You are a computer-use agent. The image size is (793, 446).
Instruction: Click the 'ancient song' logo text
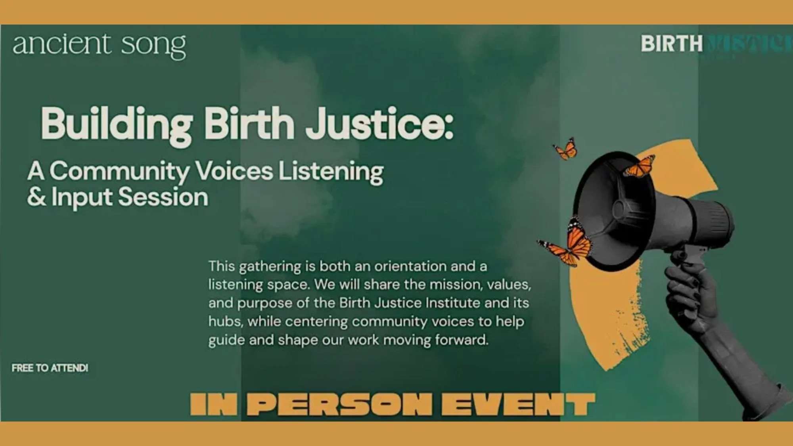(x=99, y=45)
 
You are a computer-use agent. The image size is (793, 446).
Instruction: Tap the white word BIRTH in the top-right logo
(x=671, y=44)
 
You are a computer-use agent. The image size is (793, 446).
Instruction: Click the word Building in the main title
(x=117, y=124)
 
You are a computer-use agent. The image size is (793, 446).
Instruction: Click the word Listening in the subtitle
(x=331, y=171)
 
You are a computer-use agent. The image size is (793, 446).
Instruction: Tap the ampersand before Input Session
(x=36, y=197)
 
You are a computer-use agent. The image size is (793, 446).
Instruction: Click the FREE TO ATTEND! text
(x=50, y=368)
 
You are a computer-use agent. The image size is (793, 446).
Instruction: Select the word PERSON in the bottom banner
(x=341, y=404)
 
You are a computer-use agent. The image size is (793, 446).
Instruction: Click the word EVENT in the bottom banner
(x=518, y=404)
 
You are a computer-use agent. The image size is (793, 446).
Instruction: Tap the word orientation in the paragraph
(x=410, y=266)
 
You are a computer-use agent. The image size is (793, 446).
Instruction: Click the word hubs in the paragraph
(x=225, y=322)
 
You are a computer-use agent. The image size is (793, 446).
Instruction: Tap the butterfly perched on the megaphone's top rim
(x=639, y=167)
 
